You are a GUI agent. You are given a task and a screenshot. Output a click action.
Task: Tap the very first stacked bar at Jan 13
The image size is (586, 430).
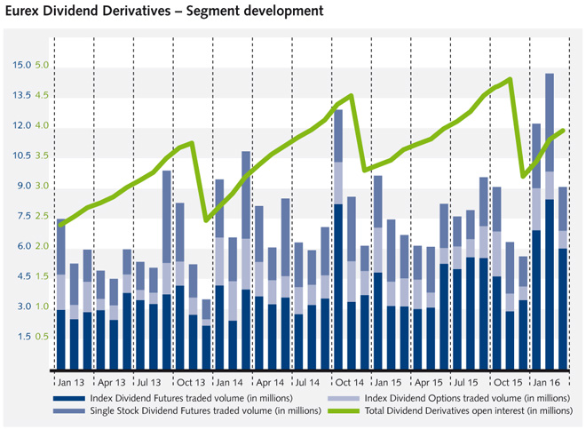tap(61, 293)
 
